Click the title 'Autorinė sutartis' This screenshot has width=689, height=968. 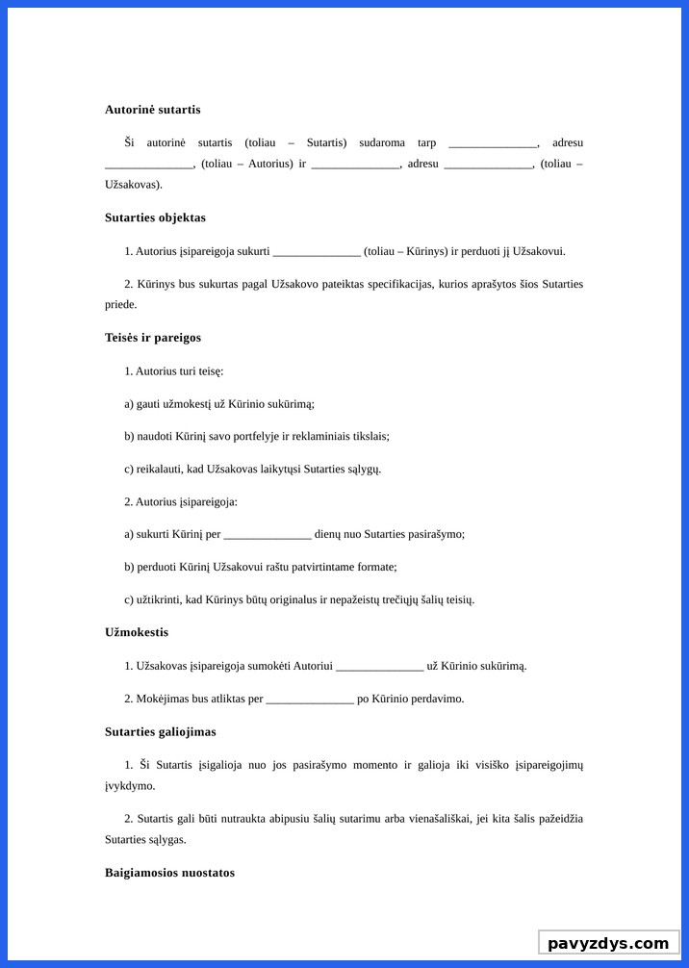coord(152,110)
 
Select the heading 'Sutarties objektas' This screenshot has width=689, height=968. coord(155,217)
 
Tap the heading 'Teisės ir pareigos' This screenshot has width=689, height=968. coord(152,338)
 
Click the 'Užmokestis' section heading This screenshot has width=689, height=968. coord(137,632)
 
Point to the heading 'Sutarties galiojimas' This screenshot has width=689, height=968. coord(160,732)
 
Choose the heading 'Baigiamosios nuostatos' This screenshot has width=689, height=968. coord(169,873)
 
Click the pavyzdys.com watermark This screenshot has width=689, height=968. coord(607,943)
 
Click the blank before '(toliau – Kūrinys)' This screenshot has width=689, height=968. coord(317,253)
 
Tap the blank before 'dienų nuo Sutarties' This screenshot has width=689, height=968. coord(268,535)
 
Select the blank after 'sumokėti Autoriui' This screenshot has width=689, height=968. coord(379,667)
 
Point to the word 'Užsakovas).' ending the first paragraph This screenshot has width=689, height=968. coord(134,184)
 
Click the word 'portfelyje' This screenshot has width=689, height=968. coord(249,436)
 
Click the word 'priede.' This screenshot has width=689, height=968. coord(121,304)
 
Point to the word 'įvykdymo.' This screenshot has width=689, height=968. coord(130,785)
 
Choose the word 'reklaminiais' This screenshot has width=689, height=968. coord(323,436)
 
